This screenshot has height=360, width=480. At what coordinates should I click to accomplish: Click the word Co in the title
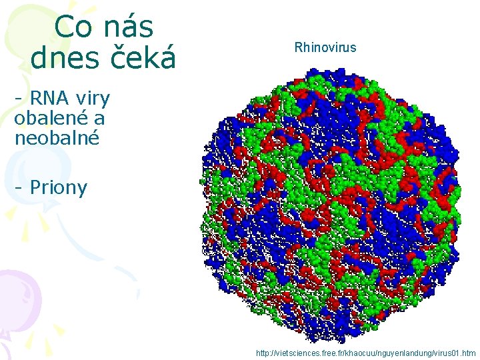[70, 27]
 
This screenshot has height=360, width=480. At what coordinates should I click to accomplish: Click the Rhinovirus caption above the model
[325, 47]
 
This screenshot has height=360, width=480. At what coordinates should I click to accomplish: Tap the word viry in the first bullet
[93, 99]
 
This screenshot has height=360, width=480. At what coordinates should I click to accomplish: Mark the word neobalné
[57, 138]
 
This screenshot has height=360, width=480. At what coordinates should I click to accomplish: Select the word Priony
[59, 188]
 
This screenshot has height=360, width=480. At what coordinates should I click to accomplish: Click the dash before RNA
[19, 99]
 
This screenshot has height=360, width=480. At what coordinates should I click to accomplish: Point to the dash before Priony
[19, 188]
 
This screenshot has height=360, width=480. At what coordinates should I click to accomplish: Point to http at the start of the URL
[264, 353]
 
